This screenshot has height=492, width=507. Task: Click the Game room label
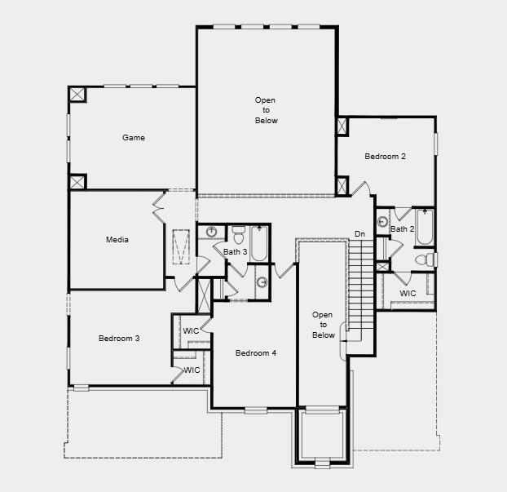134,138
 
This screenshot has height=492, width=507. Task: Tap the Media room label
117,240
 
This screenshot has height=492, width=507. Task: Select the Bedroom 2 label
385,157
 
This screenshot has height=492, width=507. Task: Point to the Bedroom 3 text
119,338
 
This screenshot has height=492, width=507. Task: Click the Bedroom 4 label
256,353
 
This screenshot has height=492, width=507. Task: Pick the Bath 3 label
236,252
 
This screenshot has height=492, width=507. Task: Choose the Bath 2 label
402,229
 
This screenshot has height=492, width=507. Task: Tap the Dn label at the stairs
359,235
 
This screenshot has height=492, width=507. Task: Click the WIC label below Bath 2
408,294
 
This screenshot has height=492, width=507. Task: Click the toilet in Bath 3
239,235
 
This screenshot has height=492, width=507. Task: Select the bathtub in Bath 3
259,243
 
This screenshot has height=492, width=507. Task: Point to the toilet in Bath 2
425,259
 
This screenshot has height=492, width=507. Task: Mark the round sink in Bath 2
383,220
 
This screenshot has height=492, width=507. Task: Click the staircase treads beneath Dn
359,286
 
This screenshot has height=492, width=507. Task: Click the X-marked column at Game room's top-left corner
77,95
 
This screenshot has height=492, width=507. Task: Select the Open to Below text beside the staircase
323,325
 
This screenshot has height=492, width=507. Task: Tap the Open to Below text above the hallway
266,110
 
